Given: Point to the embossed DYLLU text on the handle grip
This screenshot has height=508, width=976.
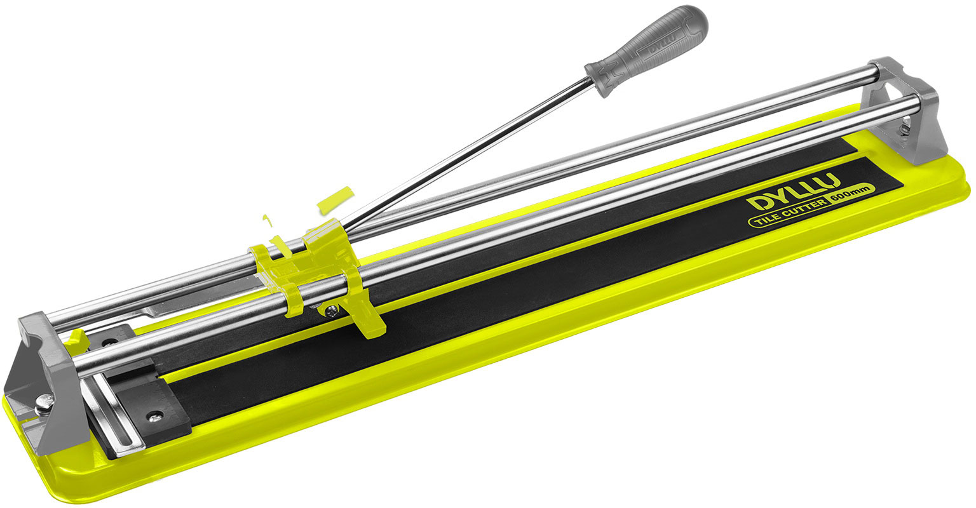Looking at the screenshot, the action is [663, 44].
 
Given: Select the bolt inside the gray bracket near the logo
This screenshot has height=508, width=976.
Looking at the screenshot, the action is [905, 129].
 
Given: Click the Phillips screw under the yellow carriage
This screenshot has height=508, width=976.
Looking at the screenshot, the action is [332, 311].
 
